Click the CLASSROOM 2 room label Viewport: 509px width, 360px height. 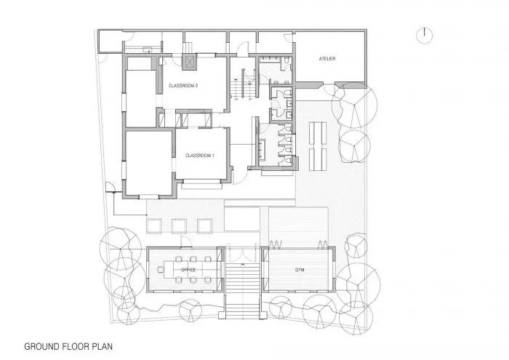[x=183, y=86]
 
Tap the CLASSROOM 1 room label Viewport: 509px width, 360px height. [x=199, y=155]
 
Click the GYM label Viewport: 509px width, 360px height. [x=299, y=270]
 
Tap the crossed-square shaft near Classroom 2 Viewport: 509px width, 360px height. [x=191, y=63]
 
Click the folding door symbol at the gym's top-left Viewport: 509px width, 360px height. [x=276, y=244]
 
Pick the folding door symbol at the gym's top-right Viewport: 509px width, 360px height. [x=320, y=244]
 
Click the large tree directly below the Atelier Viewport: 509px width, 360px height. [x=352, y=106]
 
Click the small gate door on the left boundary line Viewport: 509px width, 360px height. [x=111, y=191]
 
